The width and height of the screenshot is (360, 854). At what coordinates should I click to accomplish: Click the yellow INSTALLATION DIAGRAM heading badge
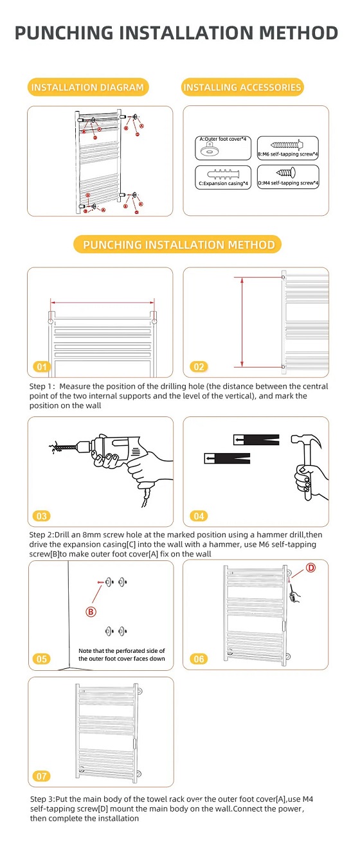pyautogui.click(x=87, y=87)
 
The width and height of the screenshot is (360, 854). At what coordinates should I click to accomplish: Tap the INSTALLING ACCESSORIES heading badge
pyautogui.click(x=242, y=87)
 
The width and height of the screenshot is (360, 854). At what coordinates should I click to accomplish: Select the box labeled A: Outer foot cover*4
pyautogui.click(x=223, y=148)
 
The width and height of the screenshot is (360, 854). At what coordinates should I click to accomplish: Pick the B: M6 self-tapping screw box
pyautogui.click(x=288, y=148)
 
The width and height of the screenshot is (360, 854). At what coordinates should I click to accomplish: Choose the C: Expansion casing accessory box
pyautogui.click(x=223, y=177)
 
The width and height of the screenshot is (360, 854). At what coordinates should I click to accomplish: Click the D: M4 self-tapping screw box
pyautogui.click(x=288, y=177)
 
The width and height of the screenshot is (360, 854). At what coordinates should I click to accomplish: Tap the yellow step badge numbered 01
pyautogui.click(x=42, y=367)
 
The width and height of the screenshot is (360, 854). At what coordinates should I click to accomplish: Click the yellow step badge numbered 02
pyautogui.click(x=199, y=367)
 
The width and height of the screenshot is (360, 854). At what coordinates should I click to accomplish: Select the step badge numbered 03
pyautogui.click(x=42, y=516)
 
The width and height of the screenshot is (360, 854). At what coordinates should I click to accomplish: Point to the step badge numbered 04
pyautogui.click(x=199, y=516)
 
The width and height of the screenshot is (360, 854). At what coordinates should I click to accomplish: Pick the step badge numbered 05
pyautogui.click(x=42, y=659)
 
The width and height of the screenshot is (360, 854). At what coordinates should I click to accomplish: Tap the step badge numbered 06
pyautogui.click(x=199, y=659)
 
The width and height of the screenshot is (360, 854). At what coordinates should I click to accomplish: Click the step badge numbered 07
pyautogui.click(x=42, y=776)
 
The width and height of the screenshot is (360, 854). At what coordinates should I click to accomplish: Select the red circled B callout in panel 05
pyautogui.click(x=91, y=612)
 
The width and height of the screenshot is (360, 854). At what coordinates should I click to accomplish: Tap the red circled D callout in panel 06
pyautogui.click(x=310, y=567)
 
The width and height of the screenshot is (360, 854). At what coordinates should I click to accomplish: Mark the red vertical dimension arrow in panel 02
pyautogui.click(x=242, y=322)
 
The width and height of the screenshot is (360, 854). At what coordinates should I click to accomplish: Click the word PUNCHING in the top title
pyautogui.click(x=64, y=33)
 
